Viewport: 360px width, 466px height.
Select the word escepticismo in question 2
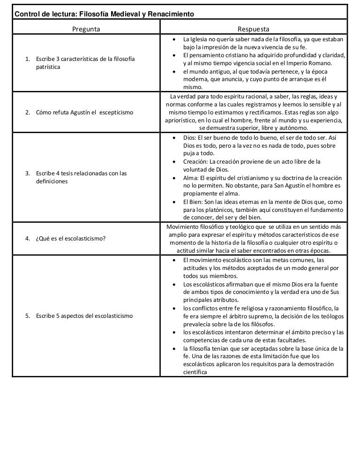coord(116,113)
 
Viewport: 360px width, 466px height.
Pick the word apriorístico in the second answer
coord(181,120)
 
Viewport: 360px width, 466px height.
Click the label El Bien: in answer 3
coord(194,202)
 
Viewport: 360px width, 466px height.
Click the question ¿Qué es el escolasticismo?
coord(70,238)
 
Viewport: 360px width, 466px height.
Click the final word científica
coord(195,372)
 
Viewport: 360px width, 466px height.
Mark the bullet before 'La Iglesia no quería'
coord(174,39)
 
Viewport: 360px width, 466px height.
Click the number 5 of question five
coord(27,316)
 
